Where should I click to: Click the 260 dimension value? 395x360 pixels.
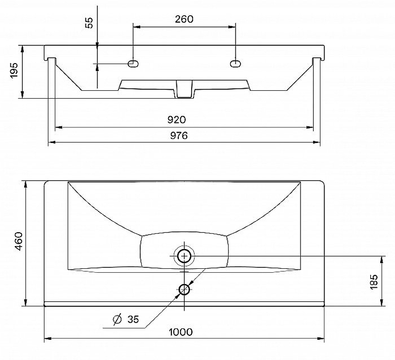click(184, 19)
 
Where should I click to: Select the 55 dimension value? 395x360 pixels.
click(89, 23)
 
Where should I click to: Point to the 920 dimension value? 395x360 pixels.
click(176, 120)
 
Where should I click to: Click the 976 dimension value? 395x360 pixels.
click(178, 136)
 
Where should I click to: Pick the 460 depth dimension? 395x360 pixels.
click(18, 242)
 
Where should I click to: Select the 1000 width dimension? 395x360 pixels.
click(180, 332)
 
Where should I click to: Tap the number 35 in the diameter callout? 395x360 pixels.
click(133, 320)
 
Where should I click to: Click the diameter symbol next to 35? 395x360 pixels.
click(118, 320)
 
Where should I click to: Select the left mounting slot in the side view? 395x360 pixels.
click(133, 64)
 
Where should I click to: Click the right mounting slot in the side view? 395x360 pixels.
click(236, 64)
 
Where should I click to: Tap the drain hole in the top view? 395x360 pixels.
click(184, 255)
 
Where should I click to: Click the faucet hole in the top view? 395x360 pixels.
click(184, 289)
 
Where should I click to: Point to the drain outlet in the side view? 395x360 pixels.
click(184, 90)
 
